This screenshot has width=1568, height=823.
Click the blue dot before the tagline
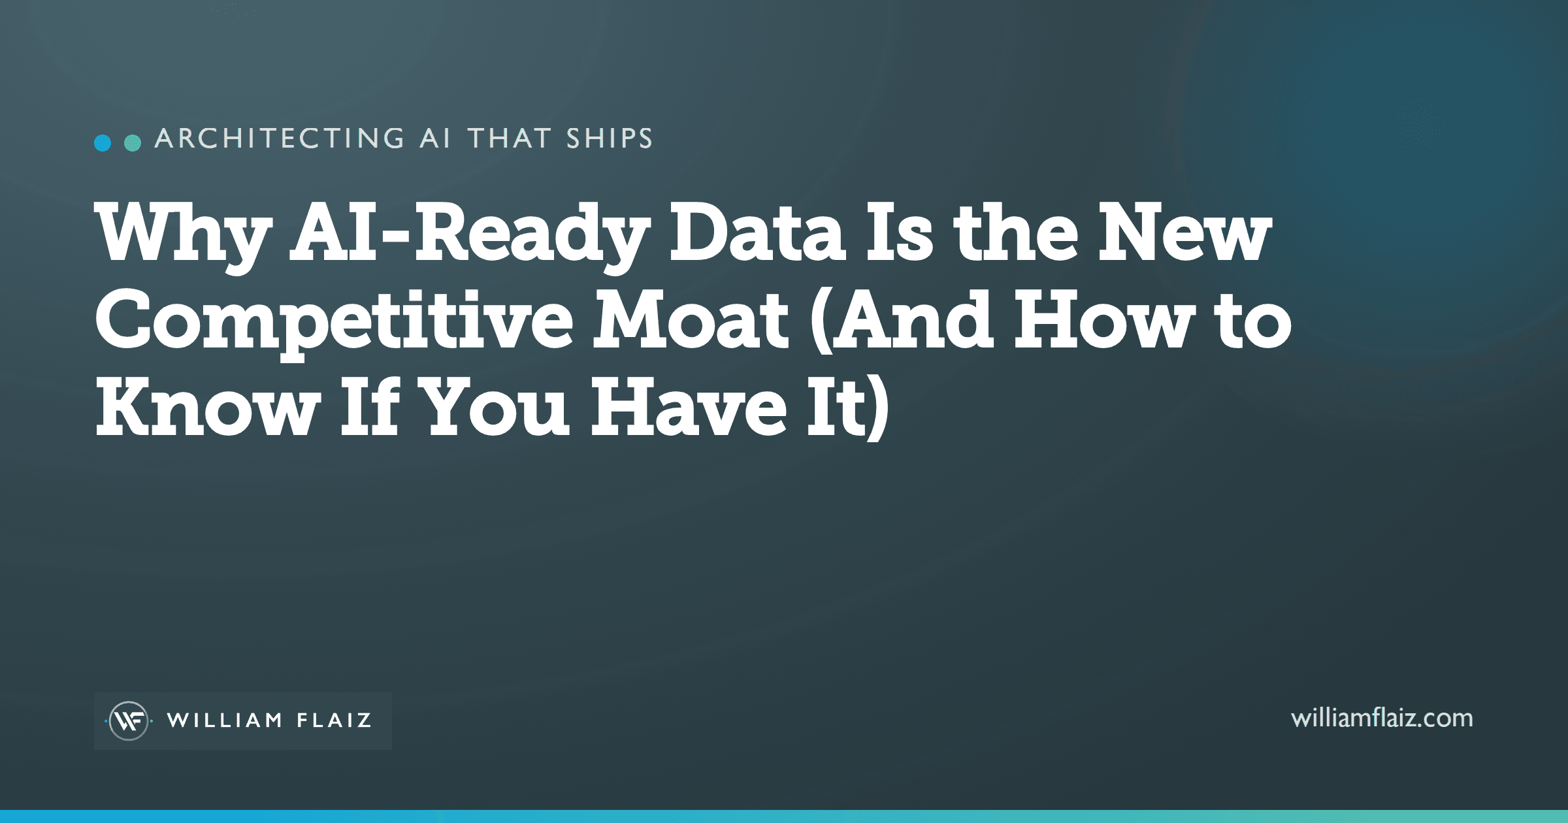click(103, 143)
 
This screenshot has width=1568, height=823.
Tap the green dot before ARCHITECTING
click(133, 143)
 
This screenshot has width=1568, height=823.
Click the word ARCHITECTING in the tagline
click(280, 138)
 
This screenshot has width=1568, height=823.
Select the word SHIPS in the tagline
click(610, 138)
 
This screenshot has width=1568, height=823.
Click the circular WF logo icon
click(129, 720)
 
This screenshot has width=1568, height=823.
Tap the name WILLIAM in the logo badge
click(225, 720)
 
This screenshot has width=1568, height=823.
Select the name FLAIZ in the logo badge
click(335, 720)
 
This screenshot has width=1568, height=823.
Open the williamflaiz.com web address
click(1382, 718)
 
